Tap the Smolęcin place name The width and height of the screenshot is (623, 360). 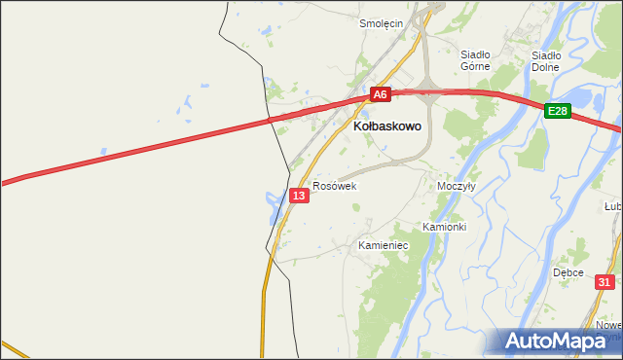pos(381,23)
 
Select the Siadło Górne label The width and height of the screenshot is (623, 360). pos(474,60)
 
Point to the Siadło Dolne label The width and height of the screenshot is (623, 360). pos(546,61)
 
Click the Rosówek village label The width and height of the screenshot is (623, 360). pos(335,185)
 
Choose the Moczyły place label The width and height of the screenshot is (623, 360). pos(456,185)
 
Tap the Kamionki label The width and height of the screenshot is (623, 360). pos(445,227)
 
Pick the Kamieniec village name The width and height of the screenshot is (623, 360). pos(383,245)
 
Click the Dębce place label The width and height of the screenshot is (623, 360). pos(568,272)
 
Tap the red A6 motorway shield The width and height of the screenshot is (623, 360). pos(380,94)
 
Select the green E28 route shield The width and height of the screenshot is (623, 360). pos(557,112)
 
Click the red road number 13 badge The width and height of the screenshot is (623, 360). pos(299,197)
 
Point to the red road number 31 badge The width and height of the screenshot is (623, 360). pos(606,282)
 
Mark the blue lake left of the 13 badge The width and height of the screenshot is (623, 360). pos(271,200)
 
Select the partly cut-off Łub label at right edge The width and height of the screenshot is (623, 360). pos(613,206)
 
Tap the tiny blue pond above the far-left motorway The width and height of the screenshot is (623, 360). pos(101,151)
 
